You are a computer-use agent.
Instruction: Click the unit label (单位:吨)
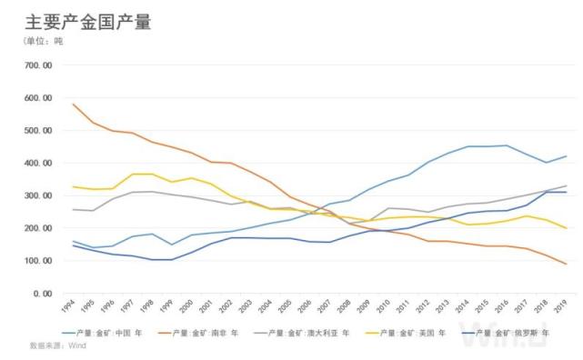[44, 42]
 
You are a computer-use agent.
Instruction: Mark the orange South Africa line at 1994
[73, 105]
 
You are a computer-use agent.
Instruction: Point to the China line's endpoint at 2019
[565, 156]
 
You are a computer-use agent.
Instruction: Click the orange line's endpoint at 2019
[565, 265]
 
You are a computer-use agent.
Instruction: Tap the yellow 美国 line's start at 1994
[73, 186]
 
